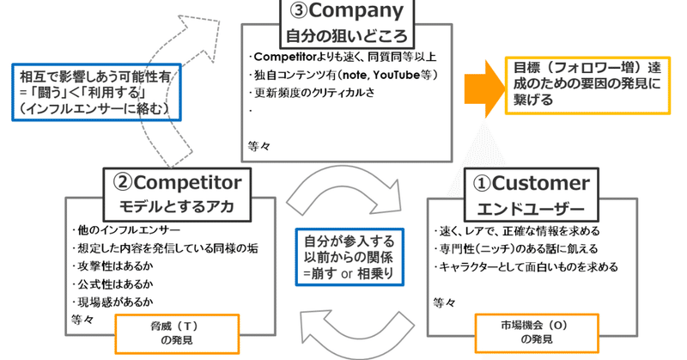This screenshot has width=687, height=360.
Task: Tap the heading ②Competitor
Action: [x=179, y=183]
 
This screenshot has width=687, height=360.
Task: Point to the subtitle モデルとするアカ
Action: [x=179, y=206]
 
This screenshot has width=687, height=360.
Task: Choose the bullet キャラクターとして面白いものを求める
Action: [x=529, y=267]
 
